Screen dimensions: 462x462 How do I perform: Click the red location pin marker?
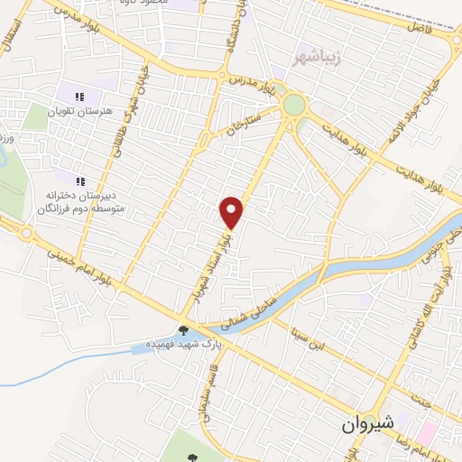[233, 212]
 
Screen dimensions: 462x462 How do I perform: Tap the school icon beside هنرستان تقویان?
[79, 97]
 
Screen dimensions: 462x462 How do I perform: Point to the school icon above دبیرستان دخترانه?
[79, 177]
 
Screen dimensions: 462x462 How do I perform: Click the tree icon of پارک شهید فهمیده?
[185, 330]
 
